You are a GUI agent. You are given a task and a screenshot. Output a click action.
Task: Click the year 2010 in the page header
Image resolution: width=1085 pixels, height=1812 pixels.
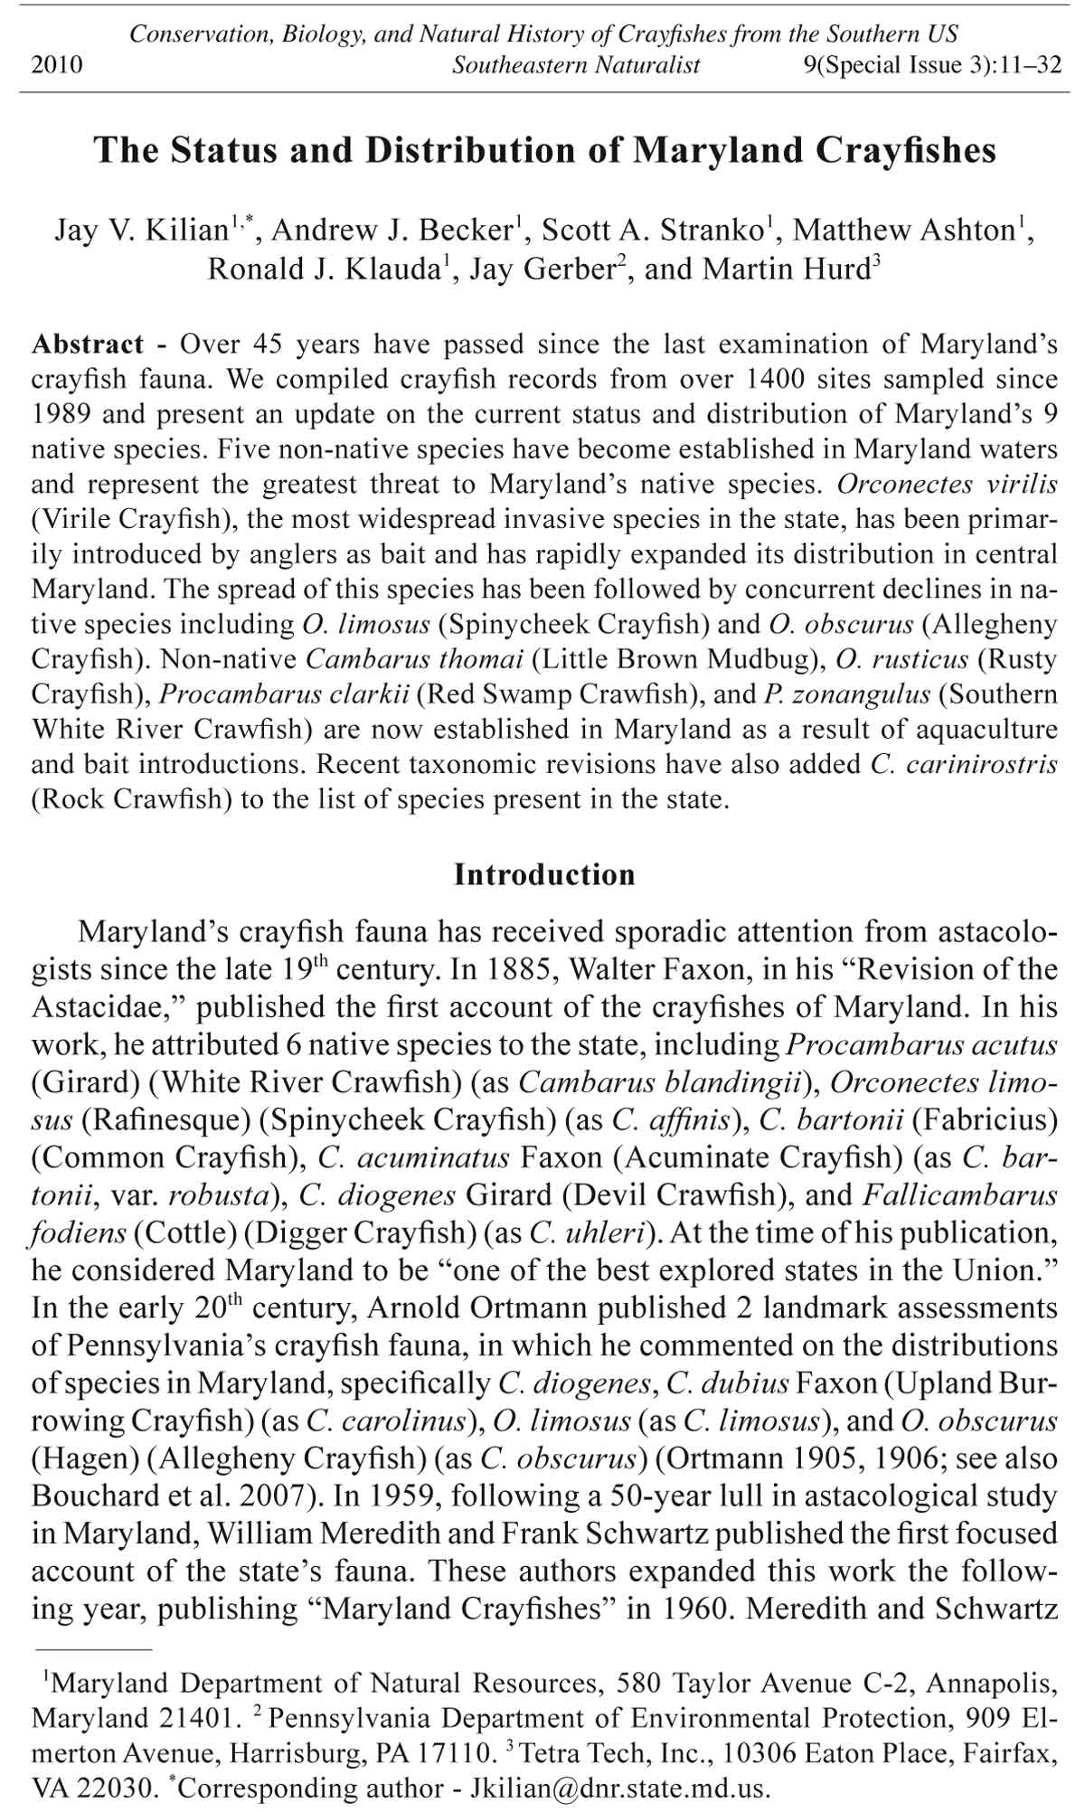pyautogui.click(x=57, y=65)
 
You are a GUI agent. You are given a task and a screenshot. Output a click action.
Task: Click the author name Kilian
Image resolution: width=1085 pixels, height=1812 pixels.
pyautogui.click(x=189, y=230)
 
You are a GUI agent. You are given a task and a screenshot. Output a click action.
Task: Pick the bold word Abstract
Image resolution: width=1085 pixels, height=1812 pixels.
pyautogui.click(x=87, y=344)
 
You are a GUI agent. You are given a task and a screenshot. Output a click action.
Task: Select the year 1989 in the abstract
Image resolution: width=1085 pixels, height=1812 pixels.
pyautogui.click(x=61, y=414)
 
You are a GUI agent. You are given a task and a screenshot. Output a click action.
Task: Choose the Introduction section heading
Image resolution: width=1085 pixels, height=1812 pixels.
pyautogui.click(x=544, y=874)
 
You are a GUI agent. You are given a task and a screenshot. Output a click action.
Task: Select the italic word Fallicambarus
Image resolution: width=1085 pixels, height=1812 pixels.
pyautogui.click(x=960, y=1195)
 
